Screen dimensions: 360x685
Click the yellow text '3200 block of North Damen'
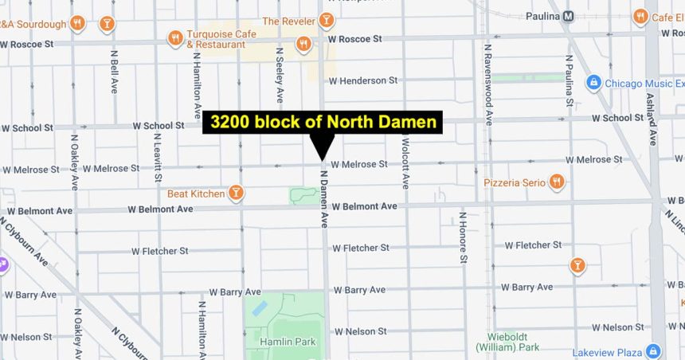pyautogui.click(x=323, y=122)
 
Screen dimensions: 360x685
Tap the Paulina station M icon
pyautogui.click(x=568, y=16)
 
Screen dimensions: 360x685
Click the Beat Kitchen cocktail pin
pyautogui.click(x=236, y=193)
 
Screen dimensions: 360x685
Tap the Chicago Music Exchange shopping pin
pyautogui.click(x=593, y=83)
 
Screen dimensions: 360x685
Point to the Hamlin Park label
pyautogui.click(x=288, y=342)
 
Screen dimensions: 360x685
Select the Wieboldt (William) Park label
pyautogui.click(x=507, y=341)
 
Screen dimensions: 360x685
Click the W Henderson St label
pyautogui.click(x=362, y=80)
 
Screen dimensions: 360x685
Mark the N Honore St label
pyautogui.click(x=462, y=237)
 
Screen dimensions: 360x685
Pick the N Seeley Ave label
pyautogui.click(x=280, y=75)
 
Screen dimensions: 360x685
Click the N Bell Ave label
pyautogui.click(x=114, y=71)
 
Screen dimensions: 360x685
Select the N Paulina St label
pyautogui.click(x=570, y=81)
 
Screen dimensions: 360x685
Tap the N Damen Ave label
pyautogui.click(x=324, y=199)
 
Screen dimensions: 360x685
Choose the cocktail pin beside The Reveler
pyautogui.click(x=326, y=19)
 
